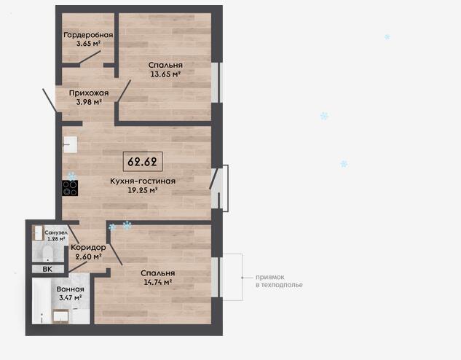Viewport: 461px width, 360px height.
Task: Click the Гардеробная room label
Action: [x=88, y=35]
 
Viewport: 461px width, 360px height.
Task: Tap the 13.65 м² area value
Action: [x=165, y=74]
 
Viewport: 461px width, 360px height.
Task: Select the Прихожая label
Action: [x=89, y=93]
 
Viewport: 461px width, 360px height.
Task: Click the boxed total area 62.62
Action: [x=143, y=162]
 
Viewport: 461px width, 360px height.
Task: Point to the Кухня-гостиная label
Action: [x=143, y=181]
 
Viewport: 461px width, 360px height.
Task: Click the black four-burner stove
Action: [x=70, y=188]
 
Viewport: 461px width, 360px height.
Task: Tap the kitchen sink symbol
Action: [x=70, y=144]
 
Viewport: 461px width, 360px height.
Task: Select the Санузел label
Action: [x=56, y=232]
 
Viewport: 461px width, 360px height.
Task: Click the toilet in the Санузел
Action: [x=47, y=254]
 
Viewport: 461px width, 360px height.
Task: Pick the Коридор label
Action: [x=88, y=248]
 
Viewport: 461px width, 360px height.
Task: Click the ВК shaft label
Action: [x=47, y=269]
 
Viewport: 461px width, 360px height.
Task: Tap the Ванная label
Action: [x=70, y=289]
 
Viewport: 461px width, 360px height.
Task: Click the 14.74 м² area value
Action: [x=158, y=282]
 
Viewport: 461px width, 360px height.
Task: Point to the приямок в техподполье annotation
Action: [x=279, y=281]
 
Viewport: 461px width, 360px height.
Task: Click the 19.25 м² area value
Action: [x=143, y=190]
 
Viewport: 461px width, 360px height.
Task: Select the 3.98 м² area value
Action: [x=89, y=102]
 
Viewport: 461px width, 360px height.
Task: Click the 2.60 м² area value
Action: [x=88, y=257]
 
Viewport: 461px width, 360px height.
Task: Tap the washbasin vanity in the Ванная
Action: [x=60, y=316]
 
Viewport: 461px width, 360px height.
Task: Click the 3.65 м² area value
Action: [x=88, y=44]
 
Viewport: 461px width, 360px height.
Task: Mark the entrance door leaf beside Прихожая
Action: [x=50, y=101]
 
